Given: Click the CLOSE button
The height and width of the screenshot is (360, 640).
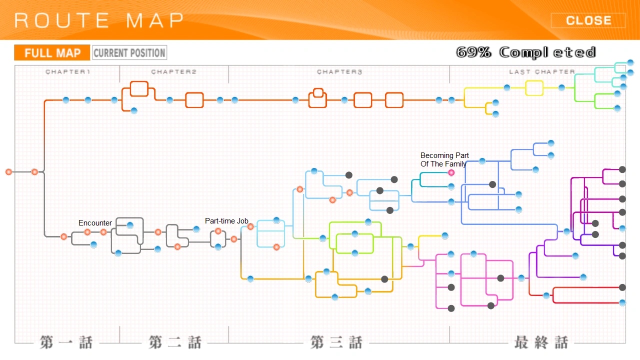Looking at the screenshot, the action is click(x=588, y=20).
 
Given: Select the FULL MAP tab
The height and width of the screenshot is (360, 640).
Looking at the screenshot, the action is click(x=52, y=53).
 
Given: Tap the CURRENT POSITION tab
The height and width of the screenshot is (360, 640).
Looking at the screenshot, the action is click(x=129, y=53).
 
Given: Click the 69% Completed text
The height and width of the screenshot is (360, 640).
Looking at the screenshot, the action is click(x=525, y=52).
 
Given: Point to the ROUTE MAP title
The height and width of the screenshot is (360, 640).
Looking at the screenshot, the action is click(x=99, y=20).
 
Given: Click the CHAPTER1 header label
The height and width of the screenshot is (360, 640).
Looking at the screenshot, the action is click(x=67, y=71).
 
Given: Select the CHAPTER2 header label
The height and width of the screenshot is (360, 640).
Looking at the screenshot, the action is click(x=173, y=71).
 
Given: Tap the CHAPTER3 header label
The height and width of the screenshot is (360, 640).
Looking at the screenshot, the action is click(x=339, y=71).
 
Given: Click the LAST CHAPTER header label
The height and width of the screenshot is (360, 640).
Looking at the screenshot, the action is click(x=542, y=71).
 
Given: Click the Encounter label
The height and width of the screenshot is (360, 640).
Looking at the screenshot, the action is click(x=95, y=223).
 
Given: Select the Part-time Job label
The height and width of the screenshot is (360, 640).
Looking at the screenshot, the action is click(x=226, y=221).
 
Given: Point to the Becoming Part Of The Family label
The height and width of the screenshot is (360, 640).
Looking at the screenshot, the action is click(x=444, y=159).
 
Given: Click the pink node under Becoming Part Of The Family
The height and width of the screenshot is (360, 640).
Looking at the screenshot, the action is click(x=451, y=172).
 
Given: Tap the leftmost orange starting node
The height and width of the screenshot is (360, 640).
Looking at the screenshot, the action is click(x=9, y=172).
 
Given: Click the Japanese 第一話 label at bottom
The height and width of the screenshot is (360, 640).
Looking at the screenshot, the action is click(x=66, y=342).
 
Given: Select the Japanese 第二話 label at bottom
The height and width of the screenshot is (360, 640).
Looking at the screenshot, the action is click(x=175, y=342).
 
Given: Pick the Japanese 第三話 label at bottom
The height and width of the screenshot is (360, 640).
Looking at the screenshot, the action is click(x=336, y=342).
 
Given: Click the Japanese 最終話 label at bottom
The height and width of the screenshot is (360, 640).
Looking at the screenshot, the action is click(x=541, y=342).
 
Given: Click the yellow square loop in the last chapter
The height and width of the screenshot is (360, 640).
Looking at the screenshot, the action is click(x=534, y=88).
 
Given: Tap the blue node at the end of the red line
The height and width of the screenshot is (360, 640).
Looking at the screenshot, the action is click(x=622, y=302).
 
